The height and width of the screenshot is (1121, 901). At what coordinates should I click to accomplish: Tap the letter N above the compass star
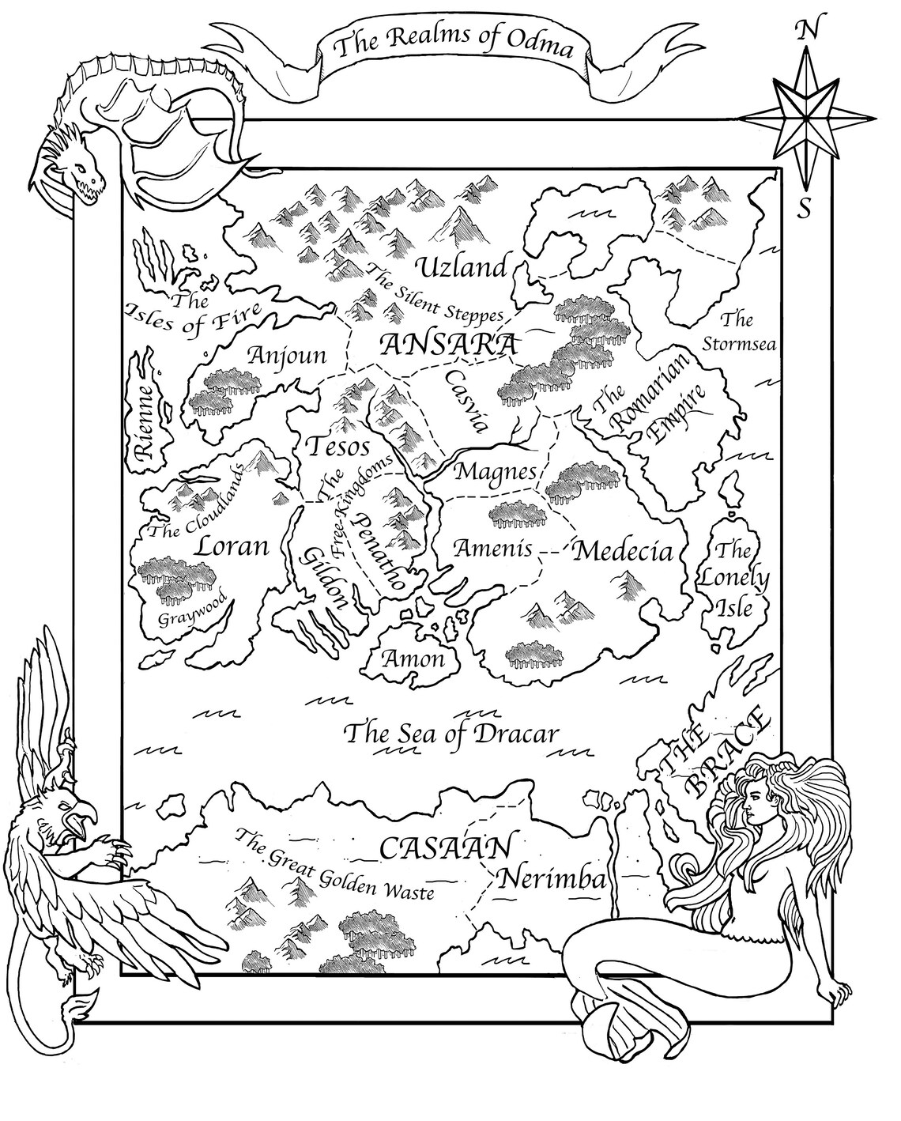tap(805, 31)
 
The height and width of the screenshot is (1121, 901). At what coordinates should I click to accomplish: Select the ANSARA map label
tap(448, 345)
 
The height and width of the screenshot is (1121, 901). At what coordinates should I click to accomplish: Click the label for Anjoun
tap(287, 356)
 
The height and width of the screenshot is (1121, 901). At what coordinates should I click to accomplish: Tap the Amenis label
tap(492, 548)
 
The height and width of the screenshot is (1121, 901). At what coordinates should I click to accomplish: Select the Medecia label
tap(622, 552)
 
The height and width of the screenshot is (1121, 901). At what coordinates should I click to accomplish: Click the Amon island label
tap(413, 658)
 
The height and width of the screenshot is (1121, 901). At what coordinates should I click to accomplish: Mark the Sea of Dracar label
tap(454, 734)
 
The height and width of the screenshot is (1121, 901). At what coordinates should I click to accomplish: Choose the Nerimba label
tap(552, 879)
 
